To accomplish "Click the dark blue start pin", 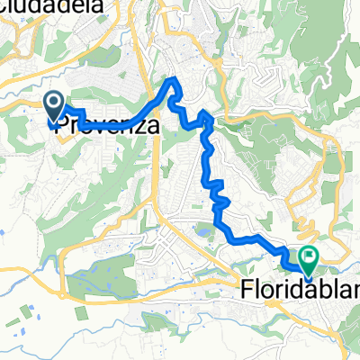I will tap(53, 105).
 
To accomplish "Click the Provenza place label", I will tap(107, 127).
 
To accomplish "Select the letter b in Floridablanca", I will tap(317, 290).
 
